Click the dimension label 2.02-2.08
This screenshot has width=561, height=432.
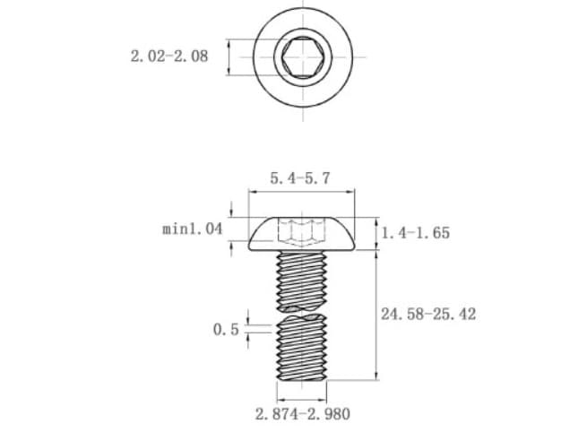168,56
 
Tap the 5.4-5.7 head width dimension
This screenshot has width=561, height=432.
300,178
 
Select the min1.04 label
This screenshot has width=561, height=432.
192,229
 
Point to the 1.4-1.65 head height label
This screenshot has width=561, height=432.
416,233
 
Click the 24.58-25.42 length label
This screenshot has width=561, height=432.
428,315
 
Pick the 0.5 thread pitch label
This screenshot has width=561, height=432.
226,329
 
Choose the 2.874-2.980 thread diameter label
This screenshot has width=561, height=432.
303,414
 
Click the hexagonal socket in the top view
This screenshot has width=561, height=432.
303,57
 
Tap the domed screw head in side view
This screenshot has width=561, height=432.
302,234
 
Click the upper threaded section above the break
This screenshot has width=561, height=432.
302,281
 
